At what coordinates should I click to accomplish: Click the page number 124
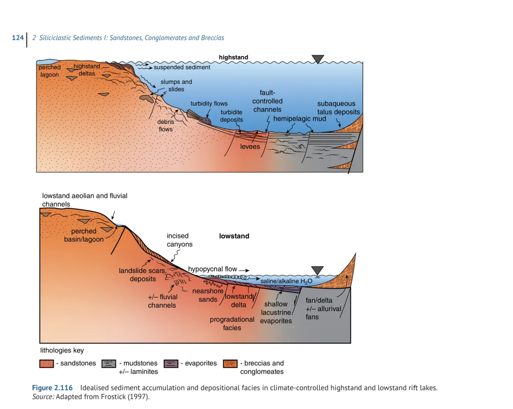click(x=18, y=38)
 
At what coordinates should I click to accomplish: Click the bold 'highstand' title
click(x=233, y=58)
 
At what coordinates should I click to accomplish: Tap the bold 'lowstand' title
click(x=234, y=236)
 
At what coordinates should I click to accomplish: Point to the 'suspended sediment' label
click(x=182, y=68)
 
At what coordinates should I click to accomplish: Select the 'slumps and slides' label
click(x=176, y=86)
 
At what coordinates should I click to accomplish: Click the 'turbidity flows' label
click(x=209, y=104)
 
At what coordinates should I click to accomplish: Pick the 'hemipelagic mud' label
click(x=299, y=118)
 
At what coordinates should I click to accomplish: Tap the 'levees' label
click(x=250, y=146)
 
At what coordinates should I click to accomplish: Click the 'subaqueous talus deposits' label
click(x=338, y=108)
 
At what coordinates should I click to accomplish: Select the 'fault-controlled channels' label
click(x=267, y=101)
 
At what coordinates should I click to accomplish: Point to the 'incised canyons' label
click(x=180, y=240)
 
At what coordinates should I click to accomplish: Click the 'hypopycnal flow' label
click(x=212, y=269)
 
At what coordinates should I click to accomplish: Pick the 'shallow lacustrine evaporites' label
click(x=276, y=312)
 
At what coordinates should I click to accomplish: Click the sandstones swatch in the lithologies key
click(x=47, y=364)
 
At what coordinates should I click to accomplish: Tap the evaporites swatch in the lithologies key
click(x=171, y=364)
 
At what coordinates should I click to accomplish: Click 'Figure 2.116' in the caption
click(x=52, y=388)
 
